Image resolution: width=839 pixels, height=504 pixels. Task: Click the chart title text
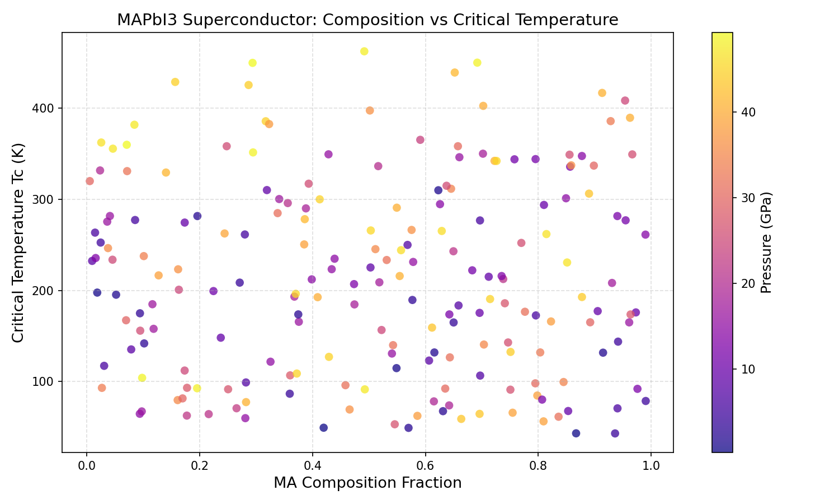(x=367, y=20)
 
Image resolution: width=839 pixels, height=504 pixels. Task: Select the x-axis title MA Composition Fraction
(x=367, y=483)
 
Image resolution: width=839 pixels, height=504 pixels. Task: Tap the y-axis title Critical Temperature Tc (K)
(x=18, y=242)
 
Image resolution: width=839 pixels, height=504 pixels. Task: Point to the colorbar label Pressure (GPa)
(x=766, y=242)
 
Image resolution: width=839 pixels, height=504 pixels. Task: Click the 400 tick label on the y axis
(x=44, y=108)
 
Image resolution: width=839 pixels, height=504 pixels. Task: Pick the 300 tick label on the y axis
(x=44, y=199)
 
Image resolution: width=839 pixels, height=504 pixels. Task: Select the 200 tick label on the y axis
(x=44, y=291)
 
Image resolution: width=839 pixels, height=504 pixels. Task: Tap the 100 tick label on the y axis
(x=44, y=382)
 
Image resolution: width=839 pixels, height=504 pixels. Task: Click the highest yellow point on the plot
(x=364, y=52)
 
